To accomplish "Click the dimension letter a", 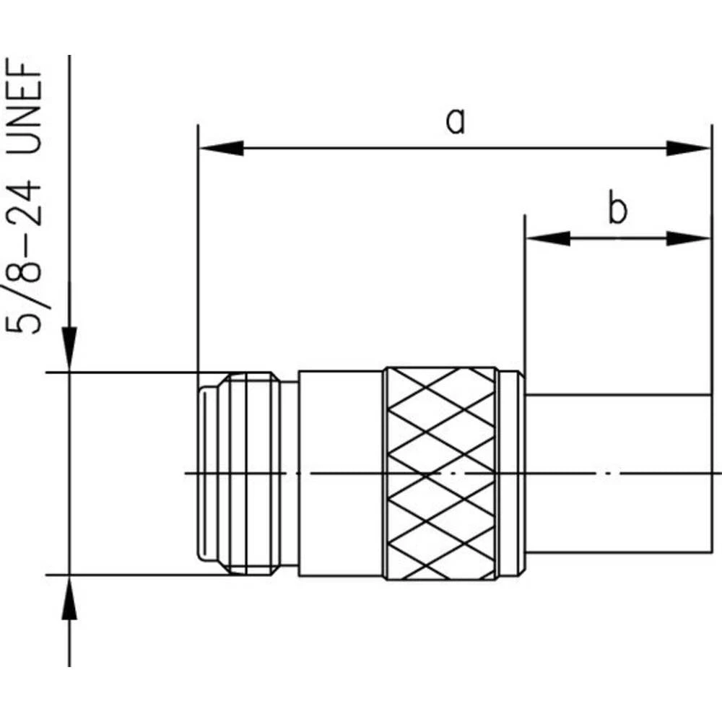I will pos(455,121).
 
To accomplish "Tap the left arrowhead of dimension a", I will pos(220,149).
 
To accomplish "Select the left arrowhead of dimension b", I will pos(547,238).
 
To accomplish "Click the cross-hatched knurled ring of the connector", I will pos(440,473).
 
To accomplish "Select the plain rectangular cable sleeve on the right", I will pos(617,473).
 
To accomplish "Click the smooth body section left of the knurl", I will pos(341,473).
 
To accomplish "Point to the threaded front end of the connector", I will pos(238,473).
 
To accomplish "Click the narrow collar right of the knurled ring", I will pos(511,473).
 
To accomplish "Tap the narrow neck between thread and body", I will pos(290,473).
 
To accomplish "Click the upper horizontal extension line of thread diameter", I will pos(123,372).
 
